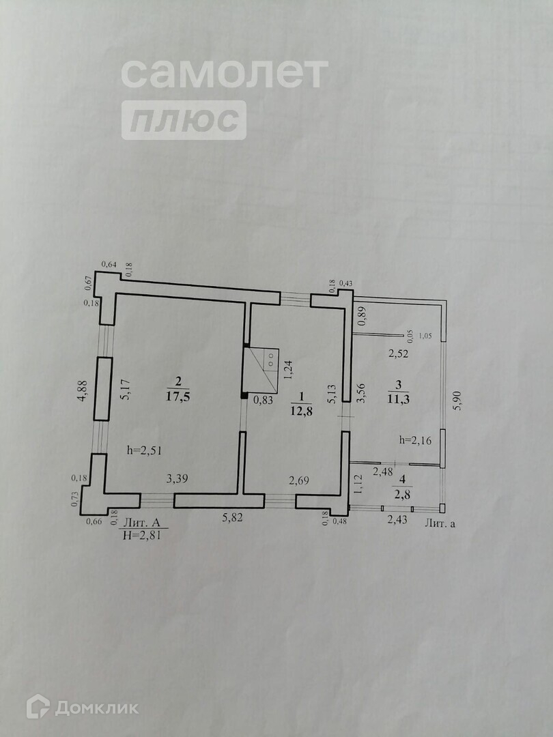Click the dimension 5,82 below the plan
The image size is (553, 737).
(x=232, y=518)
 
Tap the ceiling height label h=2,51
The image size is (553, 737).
(x=144, y=450)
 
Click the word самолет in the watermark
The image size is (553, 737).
(x=225, y=73)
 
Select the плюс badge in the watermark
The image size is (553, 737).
(x=184, y=121)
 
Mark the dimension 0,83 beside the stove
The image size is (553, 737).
(x=263, y=401)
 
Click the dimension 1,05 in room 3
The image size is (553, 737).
(x=426, y=335)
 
